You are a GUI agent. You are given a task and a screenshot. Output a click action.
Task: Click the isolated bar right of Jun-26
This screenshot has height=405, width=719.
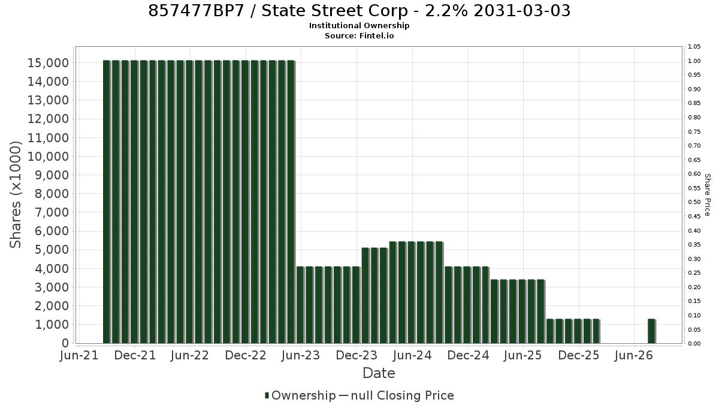652,331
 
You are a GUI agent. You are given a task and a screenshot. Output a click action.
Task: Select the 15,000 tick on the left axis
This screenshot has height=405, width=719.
48,63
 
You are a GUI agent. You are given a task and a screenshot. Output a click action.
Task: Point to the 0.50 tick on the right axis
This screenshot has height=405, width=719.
694,202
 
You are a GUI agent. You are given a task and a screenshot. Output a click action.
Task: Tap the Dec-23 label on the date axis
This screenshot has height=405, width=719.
357,355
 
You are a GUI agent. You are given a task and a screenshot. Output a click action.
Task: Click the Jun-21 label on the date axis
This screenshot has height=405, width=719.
79,355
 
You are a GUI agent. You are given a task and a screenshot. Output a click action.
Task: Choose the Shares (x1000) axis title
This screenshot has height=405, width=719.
15,195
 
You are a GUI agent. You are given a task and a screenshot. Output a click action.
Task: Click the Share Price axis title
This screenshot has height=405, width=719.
707,195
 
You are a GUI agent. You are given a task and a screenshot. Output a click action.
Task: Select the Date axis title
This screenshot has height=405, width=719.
379,373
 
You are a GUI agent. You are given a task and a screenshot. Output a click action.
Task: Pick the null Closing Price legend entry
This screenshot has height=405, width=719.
397,395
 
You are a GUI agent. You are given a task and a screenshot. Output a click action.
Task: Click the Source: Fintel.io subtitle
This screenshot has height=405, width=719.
359,35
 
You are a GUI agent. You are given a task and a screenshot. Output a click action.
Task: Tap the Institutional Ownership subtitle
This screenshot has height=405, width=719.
359,26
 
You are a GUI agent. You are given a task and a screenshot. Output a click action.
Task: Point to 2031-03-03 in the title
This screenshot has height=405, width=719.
522,11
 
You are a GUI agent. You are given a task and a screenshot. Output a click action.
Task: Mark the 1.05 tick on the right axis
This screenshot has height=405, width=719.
694,47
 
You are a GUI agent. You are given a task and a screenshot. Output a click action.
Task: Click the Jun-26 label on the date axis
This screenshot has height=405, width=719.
634,355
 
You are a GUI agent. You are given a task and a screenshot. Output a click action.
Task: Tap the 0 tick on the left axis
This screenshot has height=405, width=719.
65,343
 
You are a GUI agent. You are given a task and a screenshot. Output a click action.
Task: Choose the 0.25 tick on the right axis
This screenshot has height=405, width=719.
694,273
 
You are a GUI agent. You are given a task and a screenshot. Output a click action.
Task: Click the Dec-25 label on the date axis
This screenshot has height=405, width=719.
578,355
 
